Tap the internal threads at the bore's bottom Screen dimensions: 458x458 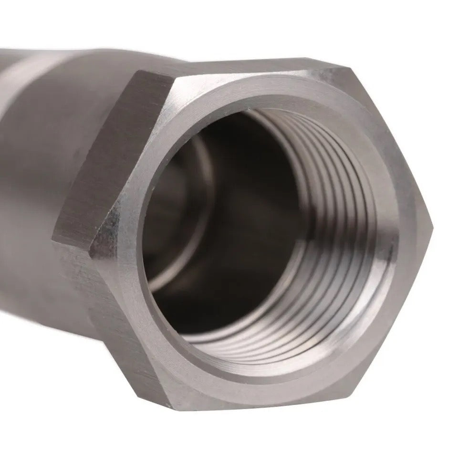pyautogui.click(x=267, y=343)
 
